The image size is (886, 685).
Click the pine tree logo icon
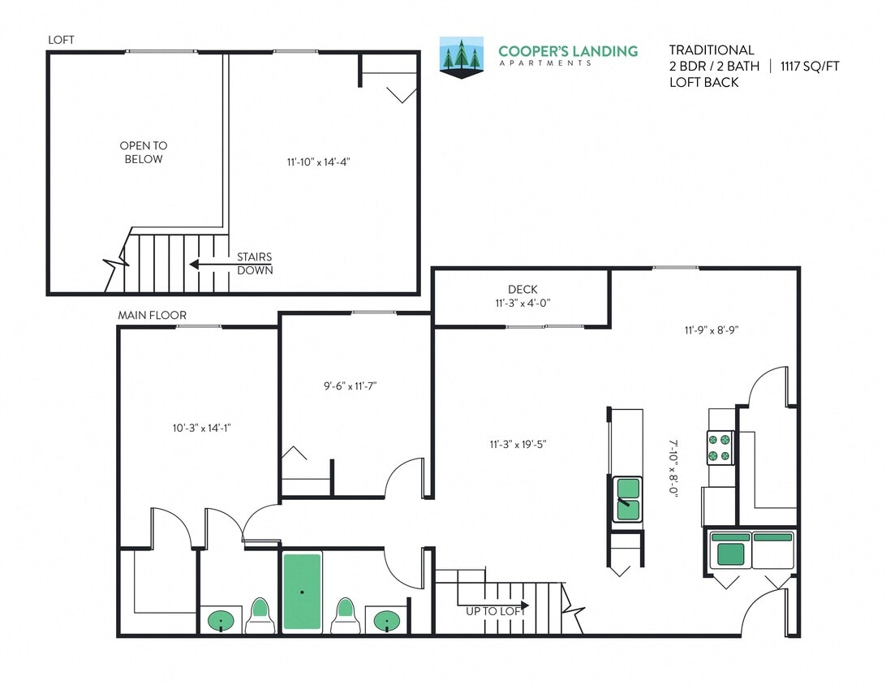[461, 57]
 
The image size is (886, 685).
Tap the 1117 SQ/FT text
[810, 67]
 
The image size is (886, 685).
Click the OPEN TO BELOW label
[144, 153]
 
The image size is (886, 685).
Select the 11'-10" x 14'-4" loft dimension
[318, 162]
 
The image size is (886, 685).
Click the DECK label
[523, 289]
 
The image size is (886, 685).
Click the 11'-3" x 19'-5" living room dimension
[518, 444]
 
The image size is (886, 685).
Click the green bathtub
[302, 592]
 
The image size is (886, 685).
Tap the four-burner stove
[720, 447]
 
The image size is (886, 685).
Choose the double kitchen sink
[626, 499]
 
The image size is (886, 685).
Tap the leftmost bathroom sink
[220, 621]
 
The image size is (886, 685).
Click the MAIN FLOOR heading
[152, 315]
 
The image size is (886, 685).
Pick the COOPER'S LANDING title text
[568, 51]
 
